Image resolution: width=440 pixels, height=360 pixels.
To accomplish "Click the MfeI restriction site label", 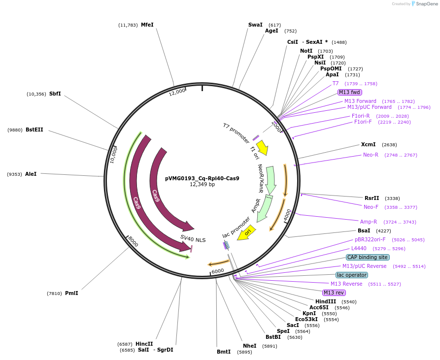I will (147, 25).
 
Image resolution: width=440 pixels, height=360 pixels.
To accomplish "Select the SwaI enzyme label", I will (255, 25).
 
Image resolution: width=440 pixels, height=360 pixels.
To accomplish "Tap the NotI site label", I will (306, 51).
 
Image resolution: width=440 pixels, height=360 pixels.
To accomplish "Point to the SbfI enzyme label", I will (55, 94).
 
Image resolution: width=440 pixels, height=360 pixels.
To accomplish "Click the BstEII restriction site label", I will (34, 130).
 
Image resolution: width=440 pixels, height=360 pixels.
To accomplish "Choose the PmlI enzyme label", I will (71, 293).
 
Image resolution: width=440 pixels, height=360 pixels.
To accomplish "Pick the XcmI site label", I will (368, 144).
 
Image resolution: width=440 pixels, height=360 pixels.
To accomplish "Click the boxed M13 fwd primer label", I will (349, 92).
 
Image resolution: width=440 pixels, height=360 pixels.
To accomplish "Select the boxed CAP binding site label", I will (368, 257).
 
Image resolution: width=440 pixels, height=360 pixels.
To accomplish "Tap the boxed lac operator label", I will (351, 275).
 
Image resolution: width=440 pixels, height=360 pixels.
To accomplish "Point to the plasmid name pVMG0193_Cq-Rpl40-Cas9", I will (202, 178).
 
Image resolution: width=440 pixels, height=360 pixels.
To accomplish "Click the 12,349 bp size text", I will (202, 185).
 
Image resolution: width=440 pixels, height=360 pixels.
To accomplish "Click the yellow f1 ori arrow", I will (262, 147).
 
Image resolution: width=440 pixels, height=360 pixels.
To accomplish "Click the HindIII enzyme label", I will (325, 301).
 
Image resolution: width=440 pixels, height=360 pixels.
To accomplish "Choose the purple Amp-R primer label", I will (368, 222).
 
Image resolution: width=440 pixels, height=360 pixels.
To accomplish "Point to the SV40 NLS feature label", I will (193, 239).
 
